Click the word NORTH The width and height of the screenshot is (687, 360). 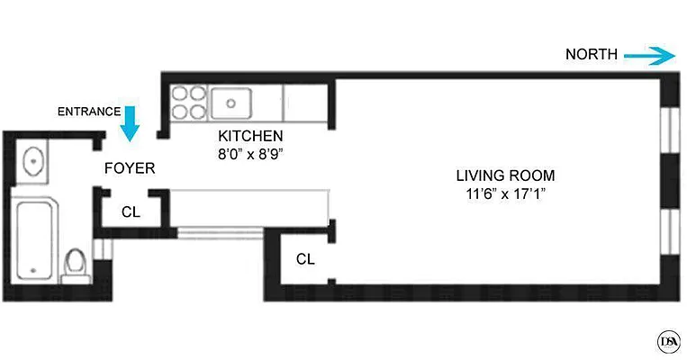pyautogui.click(x=591, y=55)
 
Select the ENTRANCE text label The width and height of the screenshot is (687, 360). pyautogui.click(x=89, y=112)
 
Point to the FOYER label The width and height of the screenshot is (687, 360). pyautogui.click(x=130, y=168)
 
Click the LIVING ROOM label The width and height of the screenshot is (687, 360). pyautogui.click(x=505, y=175)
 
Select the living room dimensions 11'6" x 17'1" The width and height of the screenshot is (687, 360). pyautogui.click(x=505, y=193)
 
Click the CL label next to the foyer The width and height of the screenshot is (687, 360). pyautogui.click(x=131, y=213)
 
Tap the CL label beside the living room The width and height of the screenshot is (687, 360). pyautogui.click(x=305, y=259)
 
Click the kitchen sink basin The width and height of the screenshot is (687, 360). pyautogui.click(x=236, y=103)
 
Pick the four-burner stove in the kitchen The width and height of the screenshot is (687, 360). pyautogui.click(x=187, y=102)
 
